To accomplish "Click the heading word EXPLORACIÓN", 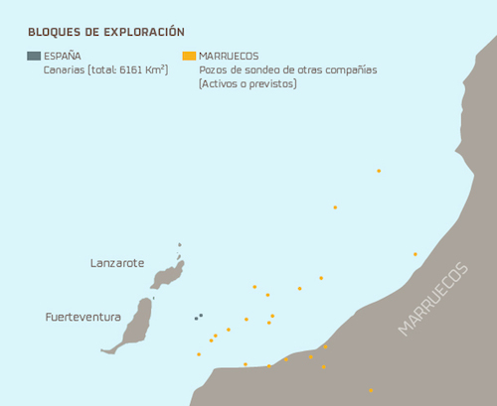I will pos(142,32).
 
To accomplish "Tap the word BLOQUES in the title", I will pos(54,32).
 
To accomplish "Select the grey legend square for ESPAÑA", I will pos(34,57).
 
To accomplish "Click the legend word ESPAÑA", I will pos(63,57).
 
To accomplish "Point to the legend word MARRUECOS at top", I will pos(230,57).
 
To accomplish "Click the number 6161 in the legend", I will pos(134,70).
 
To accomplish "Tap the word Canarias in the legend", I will pos(65,70).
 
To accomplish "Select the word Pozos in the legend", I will pos(215,70).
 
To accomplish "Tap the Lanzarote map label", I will pos(117,263).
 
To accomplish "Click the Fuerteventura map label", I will pos(83,318).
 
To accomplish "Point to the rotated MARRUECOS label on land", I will pos(431,299).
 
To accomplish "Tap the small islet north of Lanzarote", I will pos(180,245).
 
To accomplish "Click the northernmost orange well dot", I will pos(379,171).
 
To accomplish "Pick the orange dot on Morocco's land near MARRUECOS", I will pos(415,254).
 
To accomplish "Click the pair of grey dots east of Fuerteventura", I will pos(198,317).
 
